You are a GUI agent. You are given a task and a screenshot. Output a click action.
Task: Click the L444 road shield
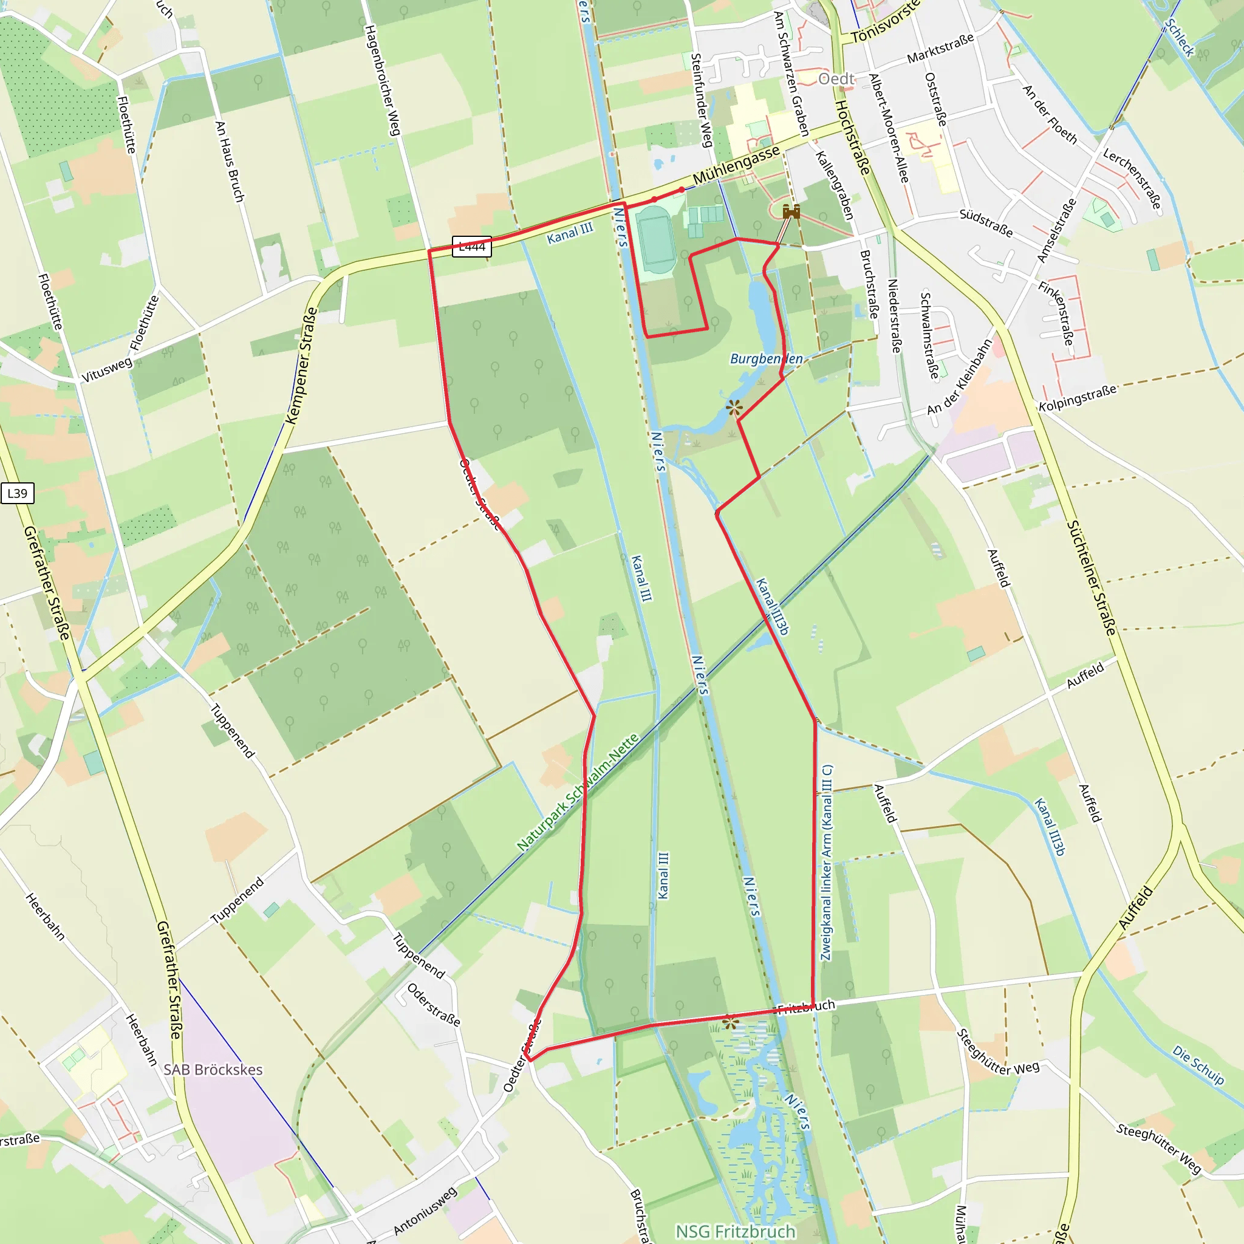pos(471,247)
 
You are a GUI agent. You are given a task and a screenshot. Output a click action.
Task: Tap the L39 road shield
pos(18,493)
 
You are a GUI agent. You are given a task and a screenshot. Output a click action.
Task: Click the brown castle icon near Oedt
pos(791,211)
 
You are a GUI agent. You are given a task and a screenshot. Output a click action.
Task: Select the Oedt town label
pos(836,79)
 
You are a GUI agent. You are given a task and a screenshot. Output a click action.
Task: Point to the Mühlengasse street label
pos(736,165)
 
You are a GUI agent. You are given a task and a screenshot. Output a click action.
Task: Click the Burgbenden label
pos(766,358)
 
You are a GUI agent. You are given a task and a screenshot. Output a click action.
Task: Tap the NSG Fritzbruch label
pos(736,1231)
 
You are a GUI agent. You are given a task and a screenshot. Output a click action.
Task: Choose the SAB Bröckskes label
pos(213,1070)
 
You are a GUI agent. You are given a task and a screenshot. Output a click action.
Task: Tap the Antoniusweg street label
pos(425,1211)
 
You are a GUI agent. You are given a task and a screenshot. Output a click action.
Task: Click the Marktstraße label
pos(940,49)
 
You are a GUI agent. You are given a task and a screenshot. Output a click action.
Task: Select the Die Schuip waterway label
pos(1198,1065)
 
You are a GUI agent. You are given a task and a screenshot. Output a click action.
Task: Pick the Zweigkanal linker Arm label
pos(827,863)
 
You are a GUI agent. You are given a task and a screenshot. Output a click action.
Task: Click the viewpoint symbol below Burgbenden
pos(734,407)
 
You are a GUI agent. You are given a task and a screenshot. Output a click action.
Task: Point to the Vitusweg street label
pos(107,369)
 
